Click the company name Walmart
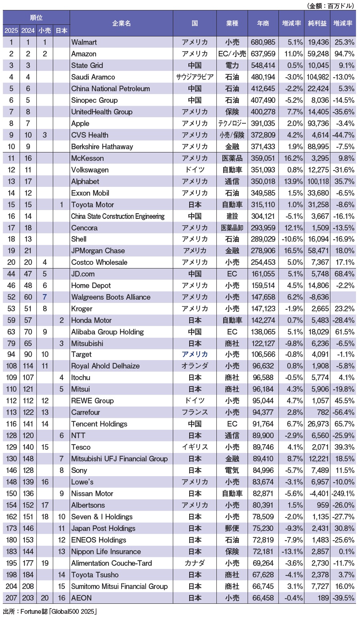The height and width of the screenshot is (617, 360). pyautogui.click(x=84, y=42)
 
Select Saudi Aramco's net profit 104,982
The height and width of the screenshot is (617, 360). pyautogui.click(x=318, y=77)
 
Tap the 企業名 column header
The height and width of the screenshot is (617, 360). pyautogui.click(x=121, y=23)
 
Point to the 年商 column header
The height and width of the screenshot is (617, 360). pyautogui.click(x=263, y=23)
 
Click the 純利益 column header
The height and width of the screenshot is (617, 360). pyautogui.click(x=317, y=23)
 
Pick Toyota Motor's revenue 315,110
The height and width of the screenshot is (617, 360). pyautogui.click(x=263, y=204)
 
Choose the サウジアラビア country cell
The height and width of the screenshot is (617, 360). pyautogui.click(x=195, y=77)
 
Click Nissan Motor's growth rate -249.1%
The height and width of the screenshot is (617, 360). pyautogui.click(x=343, y=493)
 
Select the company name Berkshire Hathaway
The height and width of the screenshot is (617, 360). pyautogui.click(x=102, y=146)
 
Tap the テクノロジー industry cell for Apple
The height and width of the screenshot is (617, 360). pyautogui.click(x=232, y=123)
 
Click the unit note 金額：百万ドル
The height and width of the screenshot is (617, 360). pyautogui.click(x=330, y=6)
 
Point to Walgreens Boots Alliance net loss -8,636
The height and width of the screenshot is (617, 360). pyautogui.click(x=318, y=297)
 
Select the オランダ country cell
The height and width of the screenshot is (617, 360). pyautogui.click(x=195, y=366)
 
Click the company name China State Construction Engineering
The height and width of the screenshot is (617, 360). pyautogui.click(x=118, y=216)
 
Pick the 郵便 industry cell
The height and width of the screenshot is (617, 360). pyautogui.click(x=232, y=528)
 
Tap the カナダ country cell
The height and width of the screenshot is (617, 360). pyautogui.click(x=195, y=563)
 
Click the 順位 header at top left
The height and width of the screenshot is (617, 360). pyautogui.click(x=36, y=18)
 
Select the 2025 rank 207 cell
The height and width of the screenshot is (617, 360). pyautogui.click(x=11, y=598)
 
